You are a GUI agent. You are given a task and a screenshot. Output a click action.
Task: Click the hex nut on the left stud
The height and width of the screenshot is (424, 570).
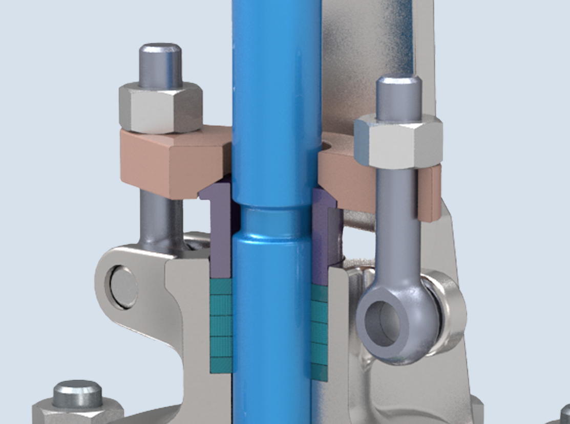pyautogui.click(x=160, y=108)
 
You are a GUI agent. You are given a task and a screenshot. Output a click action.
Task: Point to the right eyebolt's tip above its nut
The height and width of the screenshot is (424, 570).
pyautogui.click(x=398, y=97)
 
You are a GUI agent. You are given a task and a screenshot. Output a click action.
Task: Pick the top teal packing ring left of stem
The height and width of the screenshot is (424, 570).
pyautogui.click(x=221, y=286)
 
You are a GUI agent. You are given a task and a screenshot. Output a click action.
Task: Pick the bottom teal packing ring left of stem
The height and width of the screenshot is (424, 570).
pyautogui.click(x=221, y=364)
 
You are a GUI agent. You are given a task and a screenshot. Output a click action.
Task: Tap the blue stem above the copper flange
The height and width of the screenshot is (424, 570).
pyautogui.click(x=277, y=77)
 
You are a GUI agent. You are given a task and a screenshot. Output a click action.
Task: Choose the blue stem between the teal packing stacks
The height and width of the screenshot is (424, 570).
pyautogui.click(x=271, y=327)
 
